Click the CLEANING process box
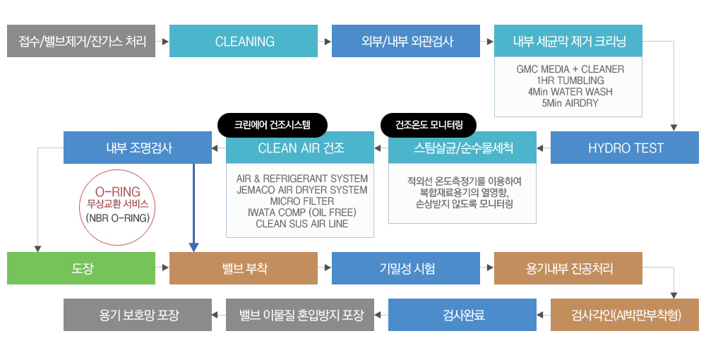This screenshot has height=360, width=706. (x=244, y=42)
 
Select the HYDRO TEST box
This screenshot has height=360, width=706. (x=625, y=148)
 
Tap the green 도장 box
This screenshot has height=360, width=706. (x=81, y=268)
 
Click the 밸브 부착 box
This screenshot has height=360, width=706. (x=244, y=268)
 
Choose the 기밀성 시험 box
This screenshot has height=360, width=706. (x=406, y=268)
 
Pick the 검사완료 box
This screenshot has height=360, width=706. (x=462, y=315)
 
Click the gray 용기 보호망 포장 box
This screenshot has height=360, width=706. (x=138, y=315)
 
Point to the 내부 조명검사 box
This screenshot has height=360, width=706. (x=138, y=148)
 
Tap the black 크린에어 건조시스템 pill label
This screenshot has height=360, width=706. (x=272, y=125)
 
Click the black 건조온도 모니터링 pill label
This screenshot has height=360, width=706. (x=429, y=125)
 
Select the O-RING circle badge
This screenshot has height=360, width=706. (x=118, y=205)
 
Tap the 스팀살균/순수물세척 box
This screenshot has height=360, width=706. (x=462, y=148)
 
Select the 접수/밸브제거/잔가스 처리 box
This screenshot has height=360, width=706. (x=81, y=42)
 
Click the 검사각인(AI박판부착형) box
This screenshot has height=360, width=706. (x=625, y=315)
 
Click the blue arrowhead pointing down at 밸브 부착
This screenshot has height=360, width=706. (x=193, y=246)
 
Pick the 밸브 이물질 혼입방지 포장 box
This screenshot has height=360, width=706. (x=300, y=315)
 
